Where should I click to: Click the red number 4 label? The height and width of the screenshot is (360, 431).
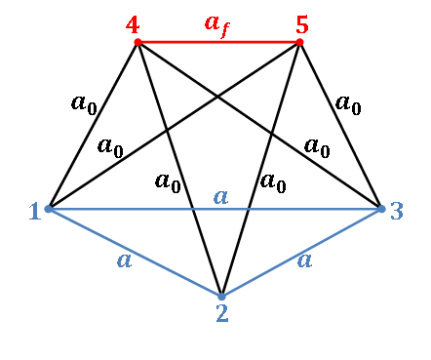(133, 24)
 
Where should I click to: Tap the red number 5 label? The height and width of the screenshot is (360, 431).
(301, 24)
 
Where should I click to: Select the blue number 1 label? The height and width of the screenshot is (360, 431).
(34, 211)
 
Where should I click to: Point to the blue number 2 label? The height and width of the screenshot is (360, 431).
(221, 312)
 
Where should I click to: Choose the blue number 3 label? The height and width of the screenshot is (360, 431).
(396, 211)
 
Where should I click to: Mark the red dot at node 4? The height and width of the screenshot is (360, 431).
(137, 42)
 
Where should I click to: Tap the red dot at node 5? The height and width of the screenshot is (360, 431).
(298, 42)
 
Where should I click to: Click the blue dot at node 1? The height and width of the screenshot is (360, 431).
(48, 209)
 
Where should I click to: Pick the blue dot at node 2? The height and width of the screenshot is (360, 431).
(221, 296)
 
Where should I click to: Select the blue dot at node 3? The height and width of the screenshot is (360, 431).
(381, 209)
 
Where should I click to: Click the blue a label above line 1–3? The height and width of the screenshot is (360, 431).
(220, 196)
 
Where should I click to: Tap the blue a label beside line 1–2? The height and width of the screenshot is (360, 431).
(124, 260)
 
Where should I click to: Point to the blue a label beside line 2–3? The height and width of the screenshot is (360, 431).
(304, 260)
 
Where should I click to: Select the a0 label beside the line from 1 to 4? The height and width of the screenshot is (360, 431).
(84, 102)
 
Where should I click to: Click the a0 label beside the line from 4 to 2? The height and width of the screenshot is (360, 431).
(168, 180)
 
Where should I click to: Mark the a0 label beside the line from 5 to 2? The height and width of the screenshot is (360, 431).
(272, 180)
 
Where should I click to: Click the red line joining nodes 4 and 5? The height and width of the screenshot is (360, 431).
(217, 42)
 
